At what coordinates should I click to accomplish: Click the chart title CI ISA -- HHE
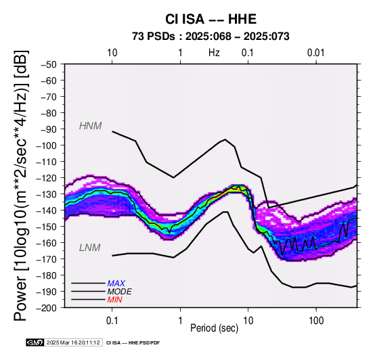(211, 19)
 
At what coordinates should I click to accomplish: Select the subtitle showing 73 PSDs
(211, 37)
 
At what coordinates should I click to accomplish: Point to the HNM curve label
(91, 126)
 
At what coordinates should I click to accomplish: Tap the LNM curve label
(89, 248)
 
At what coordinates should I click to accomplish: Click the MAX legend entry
(116, 284)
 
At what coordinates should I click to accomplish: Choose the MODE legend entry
(119, 292)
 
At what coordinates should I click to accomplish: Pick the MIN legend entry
(114, 300)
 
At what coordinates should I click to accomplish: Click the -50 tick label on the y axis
(49, 64)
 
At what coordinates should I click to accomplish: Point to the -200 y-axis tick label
(47, 308)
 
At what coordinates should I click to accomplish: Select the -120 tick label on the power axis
(47, 178)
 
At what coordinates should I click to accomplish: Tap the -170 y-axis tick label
(47, 259)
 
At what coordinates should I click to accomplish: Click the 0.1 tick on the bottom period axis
(112, 321)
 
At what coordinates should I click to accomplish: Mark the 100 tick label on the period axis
(316, 321)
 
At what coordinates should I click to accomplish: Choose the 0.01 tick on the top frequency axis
(316, 53)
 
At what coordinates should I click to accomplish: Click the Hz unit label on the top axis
(214, 53)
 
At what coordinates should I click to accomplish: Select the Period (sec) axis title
(215, 328)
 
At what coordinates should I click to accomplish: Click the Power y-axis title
(21, 186)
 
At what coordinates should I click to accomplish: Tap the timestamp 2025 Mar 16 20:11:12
(73, 343)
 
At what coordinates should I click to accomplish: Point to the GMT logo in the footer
(35, 342)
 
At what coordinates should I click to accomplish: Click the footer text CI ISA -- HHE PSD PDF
(133, 343)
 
